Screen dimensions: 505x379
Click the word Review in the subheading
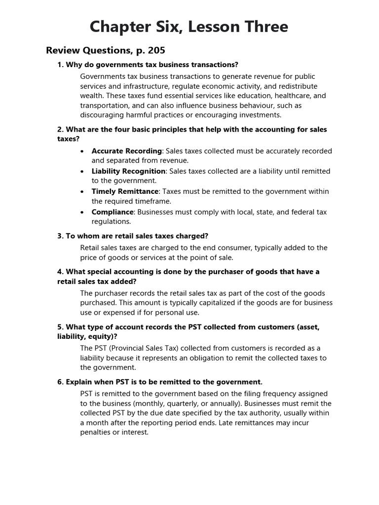tap(64, 50)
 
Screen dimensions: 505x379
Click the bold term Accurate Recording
tap(126, 151)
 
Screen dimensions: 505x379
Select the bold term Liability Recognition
tap(128, 171)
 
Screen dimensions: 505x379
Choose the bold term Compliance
tap(113, 212)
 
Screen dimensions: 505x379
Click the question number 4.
tap(60, 272)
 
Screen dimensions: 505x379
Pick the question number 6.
tap(60, 382)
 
